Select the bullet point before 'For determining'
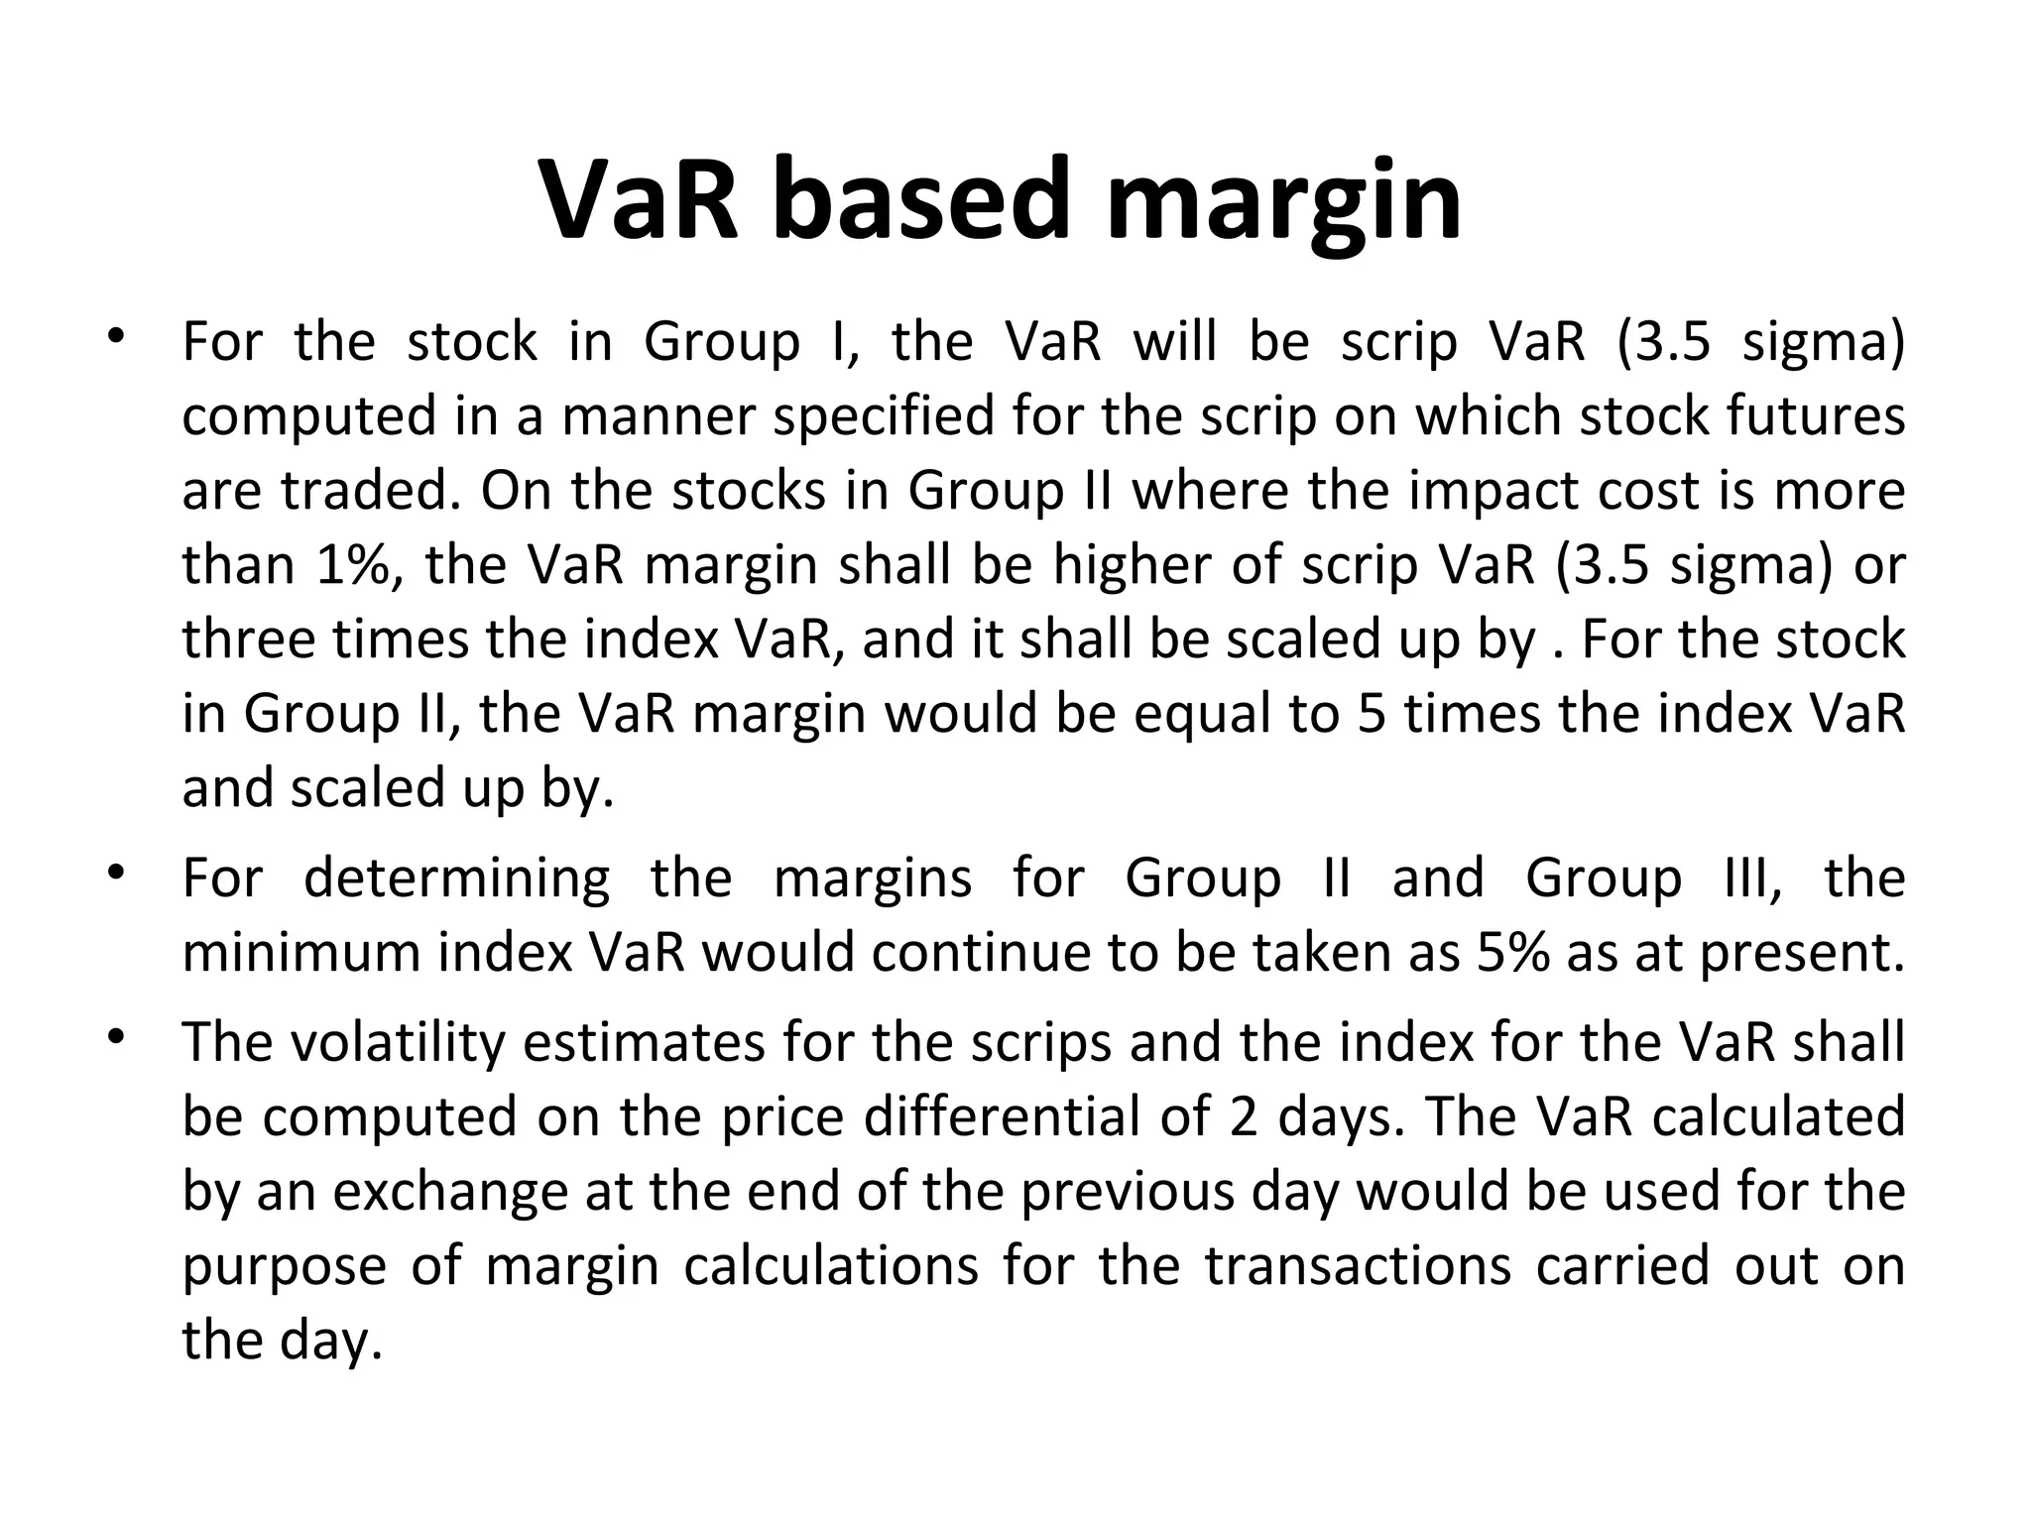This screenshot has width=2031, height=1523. (x=116, y=874)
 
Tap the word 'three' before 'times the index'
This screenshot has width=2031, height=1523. (x=248, y=639)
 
